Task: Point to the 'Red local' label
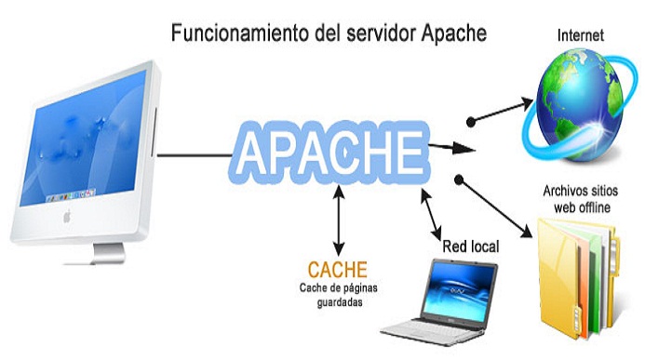(x=471, y=247)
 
